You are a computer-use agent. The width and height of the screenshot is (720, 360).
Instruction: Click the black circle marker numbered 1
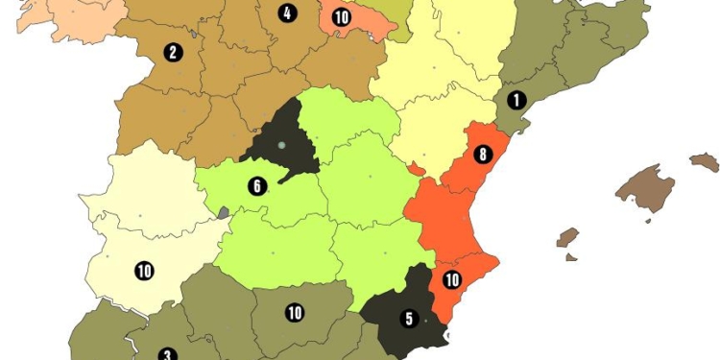[x=516, y=99]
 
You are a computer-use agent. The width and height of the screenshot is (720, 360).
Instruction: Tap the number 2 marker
[x=173, y=52]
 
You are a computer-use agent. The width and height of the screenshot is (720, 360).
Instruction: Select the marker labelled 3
[x=166, y=354]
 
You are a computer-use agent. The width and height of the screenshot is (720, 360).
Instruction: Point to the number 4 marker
[x=285, y=13]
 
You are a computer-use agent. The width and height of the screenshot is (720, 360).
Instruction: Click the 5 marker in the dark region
[x=409, y=318]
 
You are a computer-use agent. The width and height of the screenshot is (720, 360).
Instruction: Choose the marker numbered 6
[x=256, y=186]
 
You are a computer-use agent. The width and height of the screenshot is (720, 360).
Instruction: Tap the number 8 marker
[x=482, y=154]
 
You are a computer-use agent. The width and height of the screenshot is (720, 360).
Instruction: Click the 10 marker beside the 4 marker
[x=341, y=16]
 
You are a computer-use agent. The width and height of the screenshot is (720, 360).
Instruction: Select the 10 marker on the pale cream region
[x=144, y=271]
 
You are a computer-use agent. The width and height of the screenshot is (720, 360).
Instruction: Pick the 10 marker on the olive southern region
[x=295, y=312]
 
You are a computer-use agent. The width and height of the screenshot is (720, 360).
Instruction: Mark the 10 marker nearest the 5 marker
[x=451, y=280]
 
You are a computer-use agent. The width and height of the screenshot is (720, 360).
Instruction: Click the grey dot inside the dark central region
[x=281, y=145]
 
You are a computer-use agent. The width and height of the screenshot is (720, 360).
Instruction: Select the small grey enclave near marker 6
[x=223, y=212]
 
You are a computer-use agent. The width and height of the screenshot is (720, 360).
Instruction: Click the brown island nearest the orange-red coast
[x=567, y=238]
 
